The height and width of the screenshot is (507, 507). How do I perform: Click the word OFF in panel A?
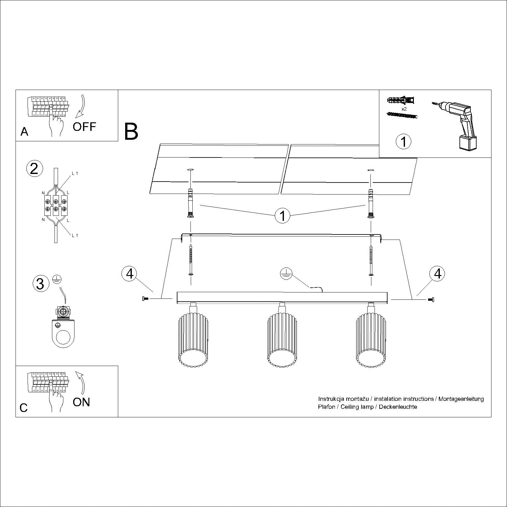[84, 127]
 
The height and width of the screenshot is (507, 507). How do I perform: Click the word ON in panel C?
[81, 402]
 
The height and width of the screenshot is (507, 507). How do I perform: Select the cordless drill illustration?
[456, 124]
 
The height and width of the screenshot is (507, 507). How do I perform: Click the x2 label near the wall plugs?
[404, 109]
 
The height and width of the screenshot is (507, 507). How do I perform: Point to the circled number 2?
[34, 168]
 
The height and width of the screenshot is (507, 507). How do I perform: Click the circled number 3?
[41, 284]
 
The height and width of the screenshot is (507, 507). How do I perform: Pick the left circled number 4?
[130, 273]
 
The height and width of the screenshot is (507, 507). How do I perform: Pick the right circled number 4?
[437, 273]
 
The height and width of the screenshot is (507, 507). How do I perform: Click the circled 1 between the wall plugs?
[282, 216]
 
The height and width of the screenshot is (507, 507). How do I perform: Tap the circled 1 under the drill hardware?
[403, 141]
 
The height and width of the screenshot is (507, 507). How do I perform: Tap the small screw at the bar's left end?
[145, 298]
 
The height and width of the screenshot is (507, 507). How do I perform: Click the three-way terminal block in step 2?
[56, 205]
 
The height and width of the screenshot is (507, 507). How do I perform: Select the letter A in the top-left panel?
[24, 132]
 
